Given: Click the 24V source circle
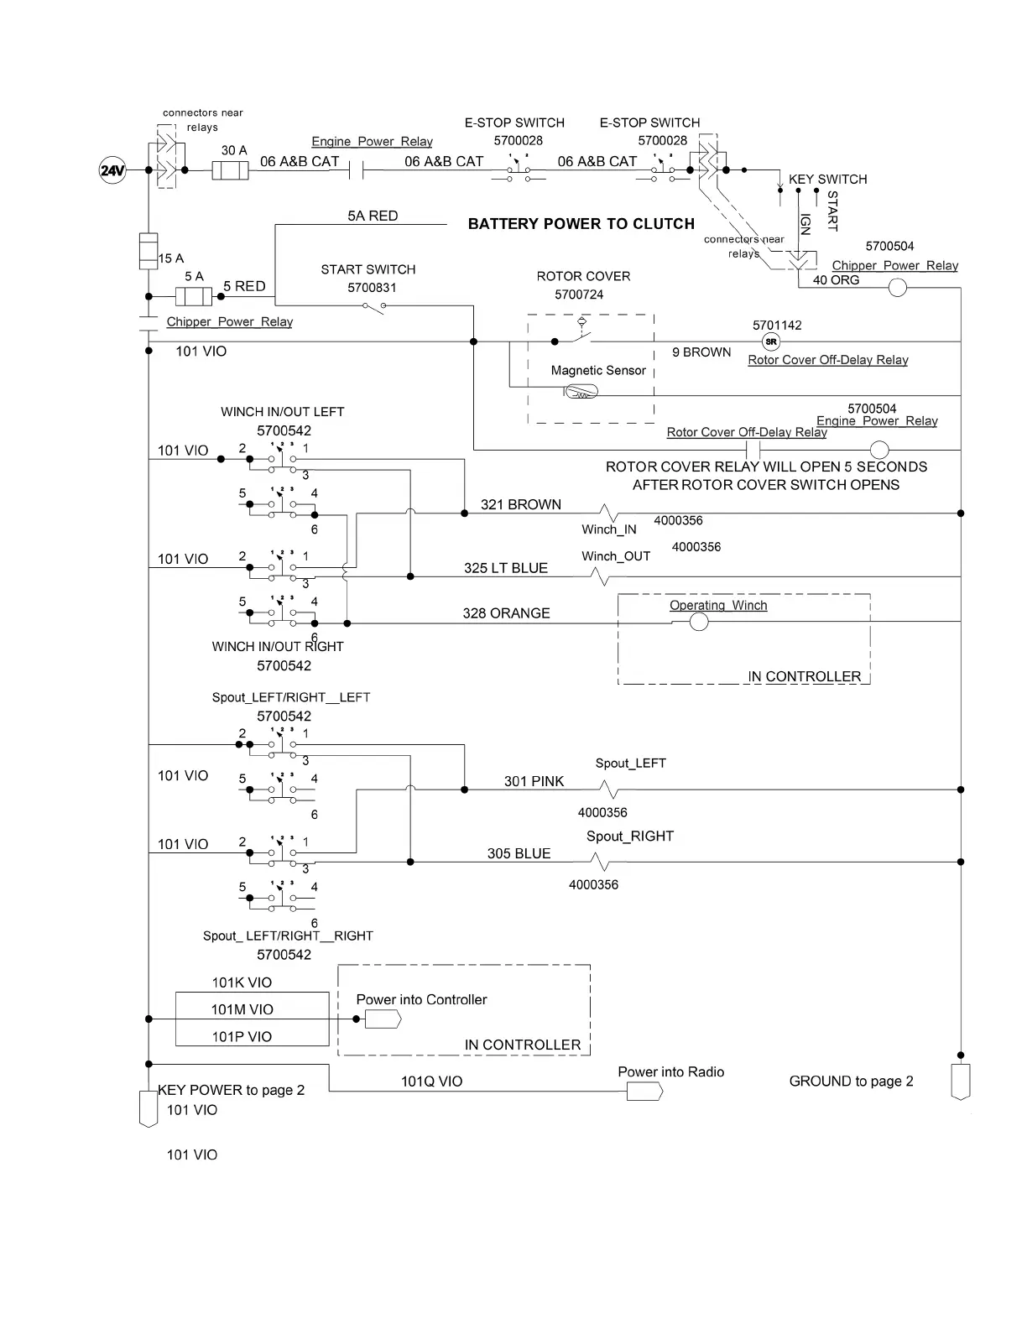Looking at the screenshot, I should click(x=112, y=171).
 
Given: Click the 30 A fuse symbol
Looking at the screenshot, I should click(x=230, y=171).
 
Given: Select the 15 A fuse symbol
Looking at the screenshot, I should click(x=149, y=250).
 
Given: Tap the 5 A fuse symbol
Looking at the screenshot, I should click(x=194, y=296).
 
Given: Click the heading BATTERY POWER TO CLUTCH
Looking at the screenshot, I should click(x=581, y=224).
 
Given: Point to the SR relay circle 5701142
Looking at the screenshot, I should click(x=771, y=341).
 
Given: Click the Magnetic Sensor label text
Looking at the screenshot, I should click(x=598, y=370).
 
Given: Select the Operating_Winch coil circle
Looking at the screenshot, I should click(x=698, y=622).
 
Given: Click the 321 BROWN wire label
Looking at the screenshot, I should click(x=520, y=504).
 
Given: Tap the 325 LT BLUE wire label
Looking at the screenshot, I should click(x=505, y=568).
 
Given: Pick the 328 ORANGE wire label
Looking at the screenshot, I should click(x=506, y=613).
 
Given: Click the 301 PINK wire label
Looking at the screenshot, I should click(x=534, y=781).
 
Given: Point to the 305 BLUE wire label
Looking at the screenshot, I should click(x=519, y=853).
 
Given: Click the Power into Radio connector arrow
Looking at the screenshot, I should click(x=644, y=1092).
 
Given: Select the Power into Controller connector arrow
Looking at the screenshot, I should click(x=383, y=1019).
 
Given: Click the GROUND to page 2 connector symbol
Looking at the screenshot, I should click(x=960, y=1082).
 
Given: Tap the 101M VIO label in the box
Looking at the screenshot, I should click(x=242, y=1009).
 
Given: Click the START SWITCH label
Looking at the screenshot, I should click(x=368, y=269).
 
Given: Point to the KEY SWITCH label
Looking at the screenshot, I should click(x=827, y=179).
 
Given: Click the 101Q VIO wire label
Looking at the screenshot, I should click(x=431, y=1081).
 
